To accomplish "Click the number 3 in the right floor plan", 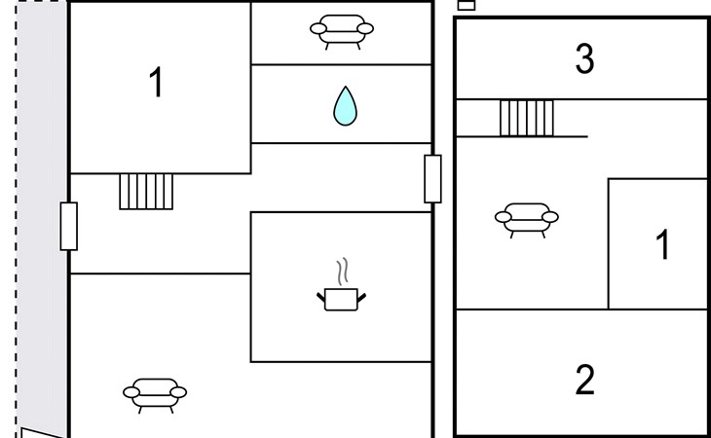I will (x=584, y=59).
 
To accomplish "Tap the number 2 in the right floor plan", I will (x=584, y=379).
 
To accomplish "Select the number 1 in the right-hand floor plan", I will (x=662, y=245).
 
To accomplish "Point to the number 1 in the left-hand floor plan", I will (x=156, y=84).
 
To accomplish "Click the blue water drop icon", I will (x=345, y=106).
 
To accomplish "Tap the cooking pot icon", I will (x=341, y=298).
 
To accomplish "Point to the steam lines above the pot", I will (x=341, y=270).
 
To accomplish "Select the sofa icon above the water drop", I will (x=341, y=30).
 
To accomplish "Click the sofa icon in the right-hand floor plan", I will (x=526, y=218).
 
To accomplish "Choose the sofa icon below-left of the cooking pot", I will (x=155, y=393).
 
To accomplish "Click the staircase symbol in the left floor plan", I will (x=146, y=191).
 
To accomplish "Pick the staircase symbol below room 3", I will (x=526, y=118).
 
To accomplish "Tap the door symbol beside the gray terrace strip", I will (x=68, y=226).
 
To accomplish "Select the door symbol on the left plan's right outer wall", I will (x=432, y=179).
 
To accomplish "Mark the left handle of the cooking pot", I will (x=321, y=294).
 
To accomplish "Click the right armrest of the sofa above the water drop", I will (x=365, y=29).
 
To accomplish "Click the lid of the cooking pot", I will (x=341, y=288).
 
